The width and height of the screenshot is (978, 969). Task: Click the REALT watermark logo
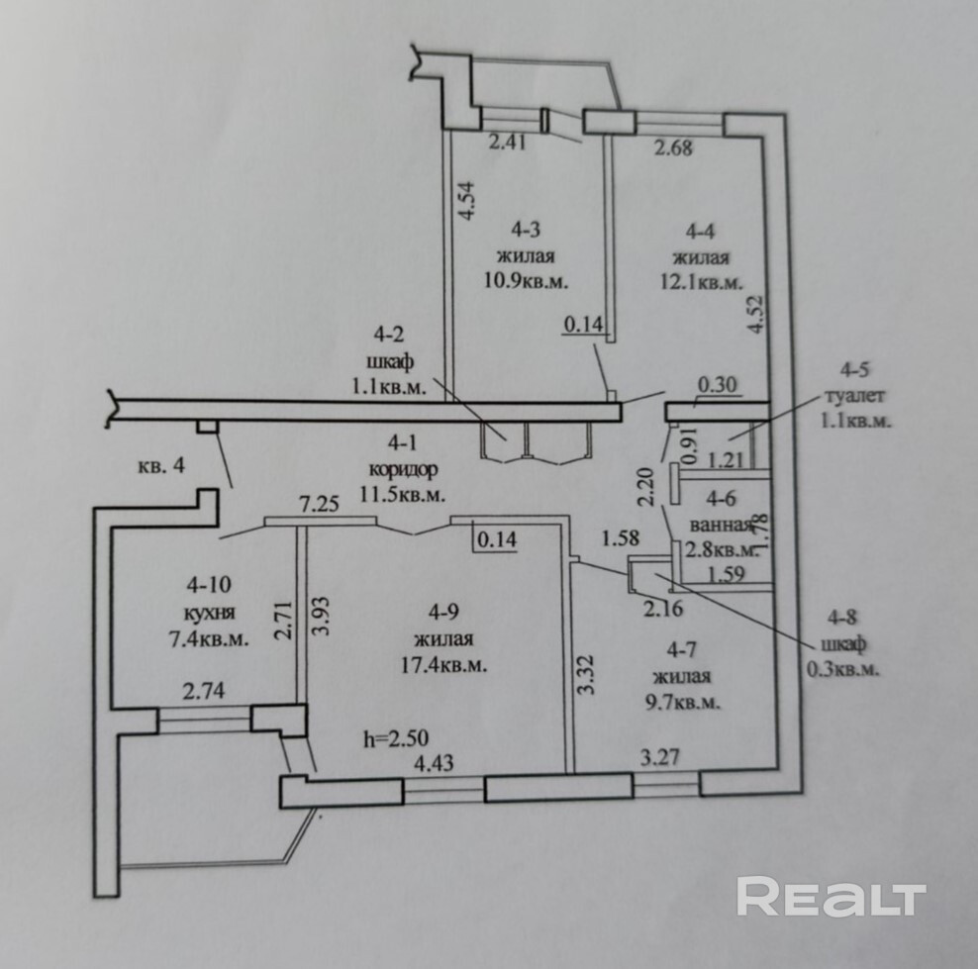[831, 897]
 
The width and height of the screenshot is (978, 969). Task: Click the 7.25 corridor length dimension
[319, 505]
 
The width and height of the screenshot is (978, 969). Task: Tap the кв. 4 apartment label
[161, 465]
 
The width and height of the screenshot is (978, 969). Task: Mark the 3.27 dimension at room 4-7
[660, 758]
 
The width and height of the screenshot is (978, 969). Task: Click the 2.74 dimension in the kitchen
[202, 693]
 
